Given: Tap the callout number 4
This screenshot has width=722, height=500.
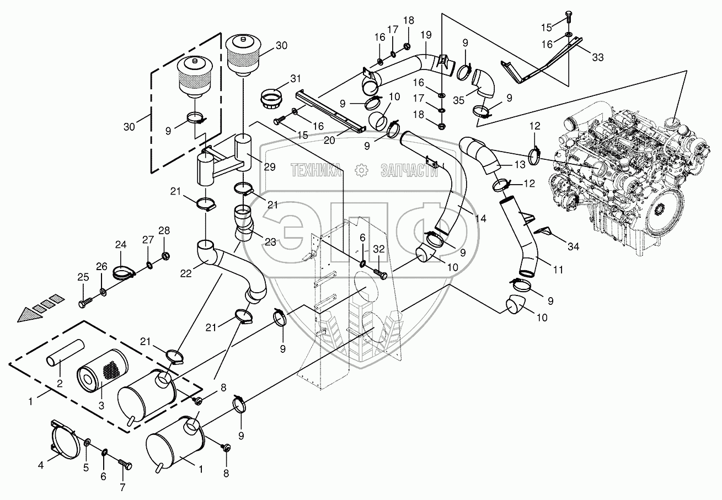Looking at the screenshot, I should (40, 465).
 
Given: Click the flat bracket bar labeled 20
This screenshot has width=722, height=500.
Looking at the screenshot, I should (330, 111).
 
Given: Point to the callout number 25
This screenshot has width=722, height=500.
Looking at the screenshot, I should (83, 277).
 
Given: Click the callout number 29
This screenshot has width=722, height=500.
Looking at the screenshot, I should (269, 167).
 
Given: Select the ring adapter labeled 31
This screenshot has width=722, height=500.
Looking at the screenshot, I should (270, 99).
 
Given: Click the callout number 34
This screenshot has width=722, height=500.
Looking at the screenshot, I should (573, 246).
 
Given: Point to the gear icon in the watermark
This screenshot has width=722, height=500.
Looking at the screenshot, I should (361, 171).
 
